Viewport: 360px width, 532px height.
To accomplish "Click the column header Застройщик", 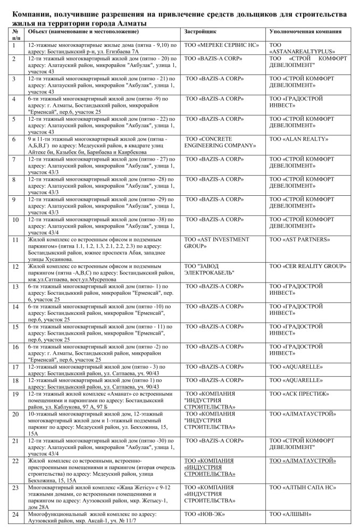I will (x=200, y=32).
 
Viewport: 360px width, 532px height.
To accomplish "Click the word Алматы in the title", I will (x=130, y=23).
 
